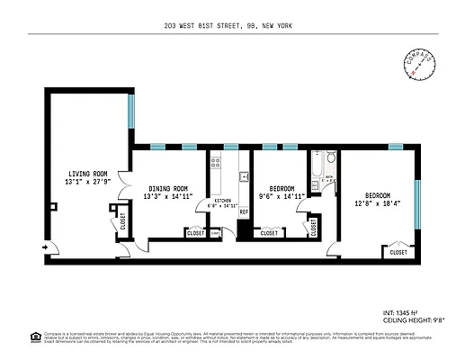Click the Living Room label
click(x=86, y=174)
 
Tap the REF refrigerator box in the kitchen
click(x=243, y=212)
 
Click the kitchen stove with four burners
click(x=215, y=163)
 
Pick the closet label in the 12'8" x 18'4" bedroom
click(x=398, y=253)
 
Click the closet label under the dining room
click(x=195, y=233)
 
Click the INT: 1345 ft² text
click(x=401, y=313)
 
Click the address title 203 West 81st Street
click(x=231, y=25)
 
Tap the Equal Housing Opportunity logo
click(x=35, y=337)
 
